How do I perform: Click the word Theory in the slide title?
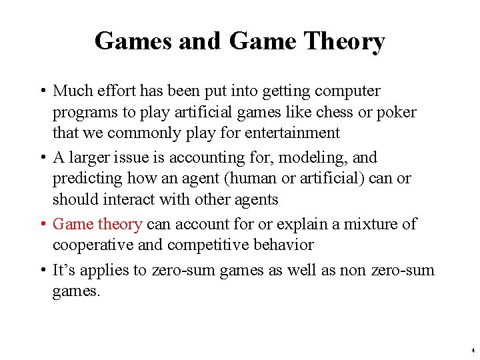[x=344, y=41]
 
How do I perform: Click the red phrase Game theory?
[x=97, y=224]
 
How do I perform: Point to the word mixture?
[x=366, y=224]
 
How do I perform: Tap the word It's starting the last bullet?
[x=63, y=270]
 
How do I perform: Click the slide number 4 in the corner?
[x=472, y=350]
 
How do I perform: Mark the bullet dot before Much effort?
[x=42, y=91]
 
